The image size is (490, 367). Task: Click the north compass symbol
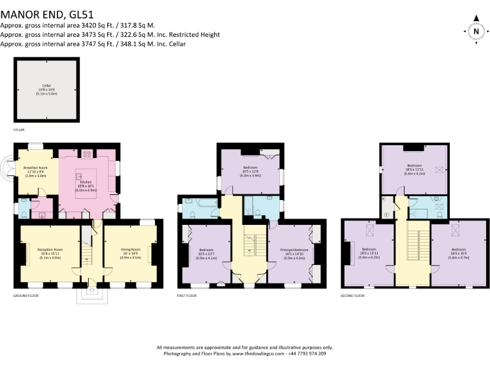pos(475,29)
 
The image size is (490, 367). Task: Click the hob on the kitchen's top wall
pos(85,154)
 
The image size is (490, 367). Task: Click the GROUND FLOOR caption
pos(28,296)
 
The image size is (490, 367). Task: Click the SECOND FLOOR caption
pos(353,296)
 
